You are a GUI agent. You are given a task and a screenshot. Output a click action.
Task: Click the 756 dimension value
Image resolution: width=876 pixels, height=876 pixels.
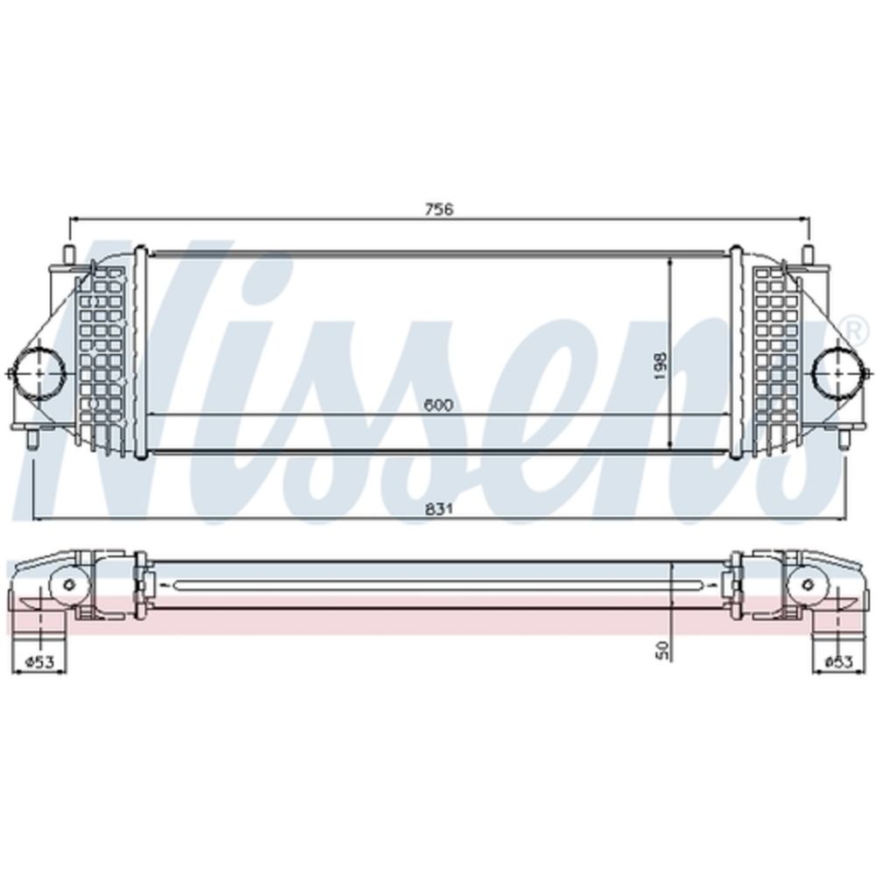click(439, 209)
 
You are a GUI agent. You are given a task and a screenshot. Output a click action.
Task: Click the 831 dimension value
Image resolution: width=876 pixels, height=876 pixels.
click(439, 509)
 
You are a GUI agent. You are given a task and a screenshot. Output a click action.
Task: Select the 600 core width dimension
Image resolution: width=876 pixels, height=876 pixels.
click(438, 405)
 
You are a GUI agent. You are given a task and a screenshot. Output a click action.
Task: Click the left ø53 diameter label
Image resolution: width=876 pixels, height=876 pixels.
click(39, 661)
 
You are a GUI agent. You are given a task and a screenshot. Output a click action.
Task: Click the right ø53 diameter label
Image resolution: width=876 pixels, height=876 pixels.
click(839, 661)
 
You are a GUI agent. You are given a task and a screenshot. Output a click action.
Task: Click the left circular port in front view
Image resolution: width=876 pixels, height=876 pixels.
click(39, 372)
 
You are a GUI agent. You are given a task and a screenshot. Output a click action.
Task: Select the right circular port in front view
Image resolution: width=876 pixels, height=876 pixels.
click(839, 372)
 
